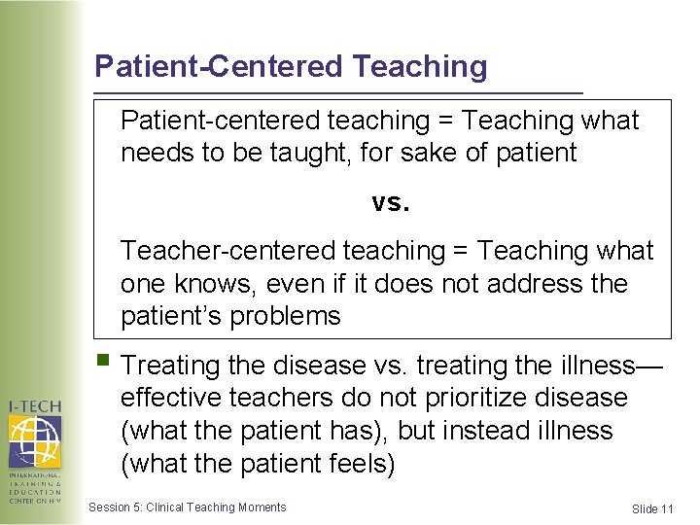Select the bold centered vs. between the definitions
point(391,202)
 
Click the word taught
point(313,153)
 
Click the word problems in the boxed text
point(290,316)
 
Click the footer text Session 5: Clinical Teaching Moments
point(187,507)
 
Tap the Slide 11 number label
point(651,508)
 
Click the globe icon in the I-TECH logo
point(35,440)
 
